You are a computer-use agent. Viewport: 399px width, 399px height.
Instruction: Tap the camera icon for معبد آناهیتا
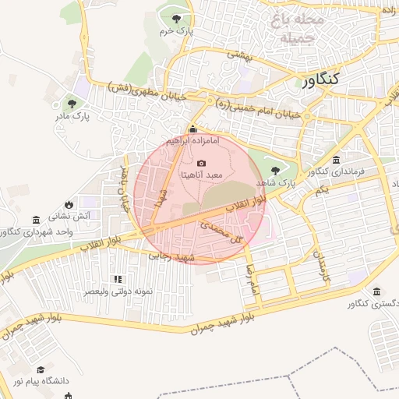coord(202,163)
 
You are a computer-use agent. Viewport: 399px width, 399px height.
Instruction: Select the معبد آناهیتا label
coord(202,175)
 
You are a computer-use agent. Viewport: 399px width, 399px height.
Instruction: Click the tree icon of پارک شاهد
coord(274,170)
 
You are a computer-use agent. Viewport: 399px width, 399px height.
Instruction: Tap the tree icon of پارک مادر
coord(72,104)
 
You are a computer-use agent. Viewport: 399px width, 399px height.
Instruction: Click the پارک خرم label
coord(176,31)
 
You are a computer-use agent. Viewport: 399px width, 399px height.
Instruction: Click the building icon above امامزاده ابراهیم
coord(193,129)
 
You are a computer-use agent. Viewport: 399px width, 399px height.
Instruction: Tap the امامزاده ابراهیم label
coord(193,142)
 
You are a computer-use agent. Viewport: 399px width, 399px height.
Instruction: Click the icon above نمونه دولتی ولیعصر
coord(118,279)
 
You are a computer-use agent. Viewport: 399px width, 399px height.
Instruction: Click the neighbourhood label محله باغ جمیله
coord(291,27)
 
